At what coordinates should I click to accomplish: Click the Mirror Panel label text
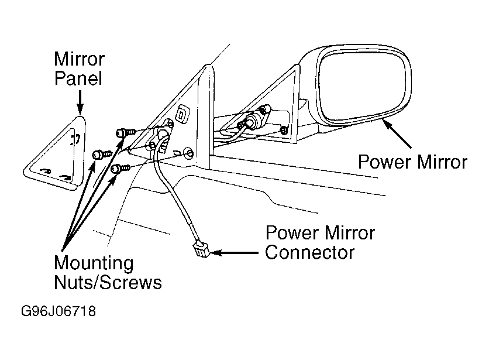point(79,68)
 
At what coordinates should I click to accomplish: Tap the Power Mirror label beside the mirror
point(412,162)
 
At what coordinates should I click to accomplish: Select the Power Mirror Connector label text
point(320,242)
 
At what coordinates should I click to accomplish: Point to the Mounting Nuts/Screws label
point(108,272)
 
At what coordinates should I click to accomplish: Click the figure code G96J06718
point(58,311)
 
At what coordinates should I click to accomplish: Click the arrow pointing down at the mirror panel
point(80,102)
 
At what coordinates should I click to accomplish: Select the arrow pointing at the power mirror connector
point(235,252)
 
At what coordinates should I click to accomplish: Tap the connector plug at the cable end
point(202,249)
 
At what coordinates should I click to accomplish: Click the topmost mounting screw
point(125,133)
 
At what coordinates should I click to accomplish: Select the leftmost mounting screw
point(102,154)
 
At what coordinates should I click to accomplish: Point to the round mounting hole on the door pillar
point(189,153)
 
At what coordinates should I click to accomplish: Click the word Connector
point(309,252)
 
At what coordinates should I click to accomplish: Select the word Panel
point(78,78)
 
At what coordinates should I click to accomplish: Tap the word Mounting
point(94,264)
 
